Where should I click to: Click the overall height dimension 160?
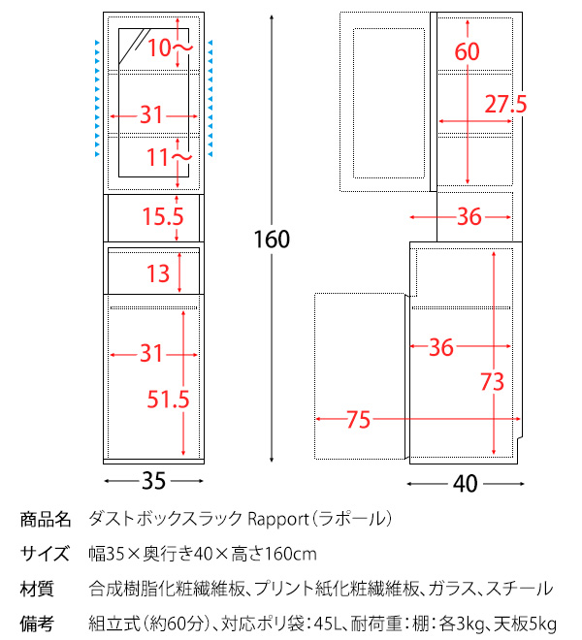point(272,239)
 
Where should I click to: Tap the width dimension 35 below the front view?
point(153,480)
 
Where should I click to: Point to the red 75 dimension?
point(357,419)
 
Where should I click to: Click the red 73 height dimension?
point(493,382)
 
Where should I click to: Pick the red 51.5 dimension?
point(168,398)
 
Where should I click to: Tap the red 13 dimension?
point(157,272)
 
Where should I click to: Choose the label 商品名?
point(46,519)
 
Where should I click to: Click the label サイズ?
point(46,554)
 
